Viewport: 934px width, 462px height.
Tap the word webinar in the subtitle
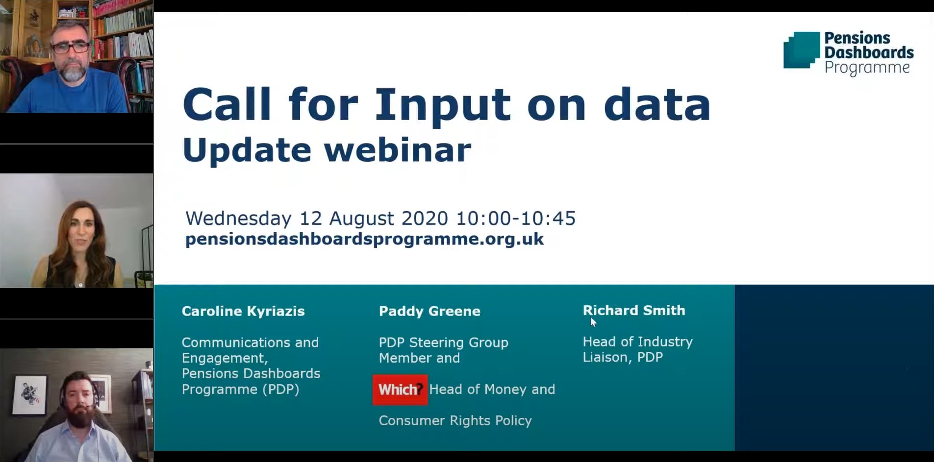(x=398, y=149)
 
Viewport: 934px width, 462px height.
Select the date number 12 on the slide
(x=310, y=219)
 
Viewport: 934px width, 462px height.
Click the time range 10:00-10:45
(x=516, y=219)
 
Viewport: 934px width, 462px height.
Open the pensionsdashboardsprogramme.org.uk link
(x=364, y=239)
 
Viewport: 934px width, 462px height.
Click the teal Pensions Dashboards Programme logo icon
(x=802, y=50)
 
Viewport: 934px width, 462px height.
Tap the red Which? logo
(x=400, y=390)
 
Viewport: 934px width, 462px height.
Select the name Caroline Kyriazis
(x=243, y=312)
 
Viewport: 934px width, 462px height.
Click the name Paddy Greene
(x=429, y=312)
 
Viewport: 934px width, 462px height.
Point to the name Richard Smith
(x=634, y=311)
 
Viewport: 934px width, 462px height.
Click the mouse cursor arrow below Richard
(x=593, y=322)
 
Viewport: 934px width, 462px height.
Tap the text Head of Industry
(x=638, y=341)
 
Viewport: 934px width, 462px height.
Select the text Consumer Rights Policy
(x=455, y=421)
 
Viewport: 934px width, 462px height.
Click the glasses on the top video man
(x=71, y=48)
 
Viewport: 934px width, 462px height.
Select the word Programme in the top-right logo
(x=867, y=68)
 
